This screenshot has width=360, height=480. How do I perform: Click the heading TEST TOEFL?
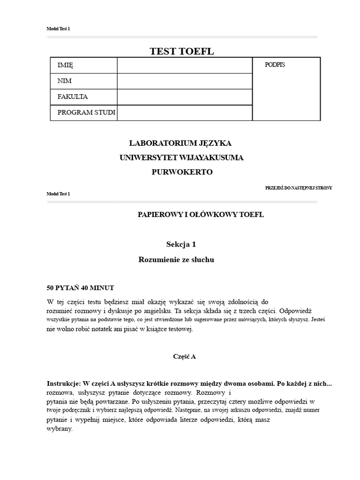[181, 52]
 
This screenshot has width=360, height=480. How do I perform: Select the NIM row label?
[64, 81]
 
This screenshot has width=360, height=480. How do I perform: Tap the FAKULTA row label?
[72, 97]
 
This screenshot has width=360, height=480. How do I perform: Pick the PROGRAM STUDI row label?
[86, 112]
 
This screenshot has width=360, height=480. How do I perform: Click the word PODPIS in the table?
[275, 65]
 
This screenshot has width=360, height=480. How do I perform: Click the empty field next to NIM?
[184, 81]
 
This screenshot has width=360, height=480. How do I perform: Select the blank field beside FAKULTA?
[184, 97]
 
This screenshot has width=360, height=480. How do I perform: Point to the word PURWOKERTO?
[182, 172]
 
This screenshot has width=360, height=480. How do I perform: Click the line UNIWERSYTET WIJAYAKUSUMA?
[181, 157]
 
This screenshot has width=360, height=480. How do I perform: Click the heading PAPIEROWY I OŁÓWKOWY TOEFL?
[201, 215]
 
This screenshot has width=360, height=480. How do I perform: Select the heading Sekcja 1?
[181, 244]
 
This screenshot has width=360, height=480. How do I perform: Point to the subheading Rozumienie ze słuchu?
[176, 259]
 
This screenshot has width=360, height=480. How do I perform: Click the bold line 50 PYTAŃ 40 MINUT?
[80, 288]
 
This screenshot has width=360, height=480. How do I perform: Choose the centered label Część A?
[184, 357]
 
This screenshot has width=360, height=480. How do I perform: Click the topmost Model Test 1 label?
[58, 29]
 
